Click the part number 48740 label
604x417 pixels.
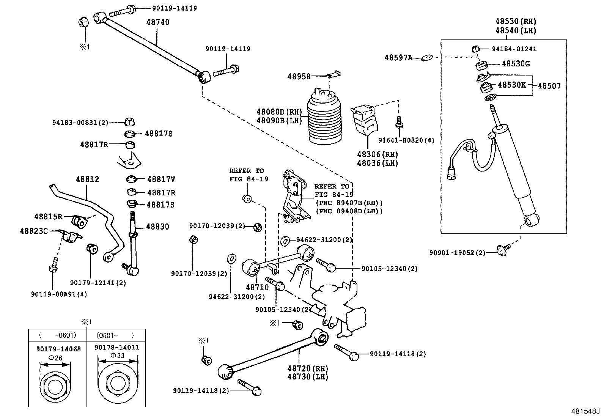point(158,22)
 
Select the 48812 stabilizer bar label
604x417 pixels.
point(87,179)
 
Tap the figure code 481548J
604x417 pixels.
point(585,411)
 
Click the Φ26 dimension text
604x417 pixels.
point(55,358)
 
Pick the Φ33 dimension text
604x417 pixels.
point(117,356)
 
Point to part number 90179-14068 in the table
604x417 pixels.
point(58,349)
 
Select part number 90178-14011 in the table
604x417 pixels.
point(117,348)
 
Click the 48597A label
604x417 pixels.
point(398,58)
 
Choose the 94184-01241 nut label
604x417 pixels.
point(514,49)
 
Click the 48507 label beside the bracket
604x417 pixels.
point(549,86)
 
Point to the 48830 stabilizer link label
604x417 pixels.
point(157,227)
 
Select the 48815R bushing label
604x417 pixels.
point(48,217)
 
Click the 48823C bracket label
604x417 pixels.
point(34,231)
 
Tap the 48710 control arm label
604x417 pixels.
point(257,288)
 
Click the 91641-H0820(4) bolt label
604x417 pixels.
point(406,140)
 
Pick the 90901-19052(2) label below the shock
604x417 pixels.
point(457,253)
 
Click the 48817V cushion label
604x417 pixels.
point(161,179)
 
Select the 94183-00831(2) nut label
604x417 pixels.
point(80,123)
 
